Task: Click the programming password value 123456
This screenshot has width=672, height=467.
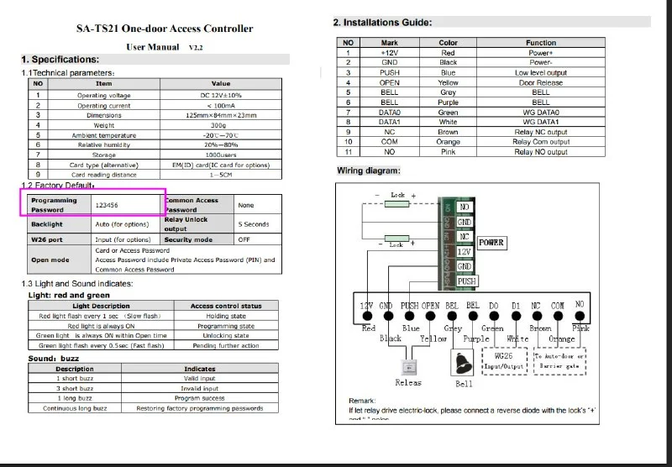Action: coord(107,204)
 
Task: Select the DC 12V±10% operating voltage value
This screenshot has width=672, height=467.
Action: coord(221,95)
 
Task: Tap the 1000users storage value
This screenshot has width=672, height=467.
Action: coord(221,155)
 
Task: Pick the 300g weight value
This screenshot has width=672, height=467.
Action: coord(221,125)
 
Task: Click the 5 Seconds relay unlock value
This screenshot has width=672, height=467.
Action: coord(253,224)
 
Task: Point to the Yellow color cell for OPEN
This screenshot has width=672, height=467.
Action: coord(448,82)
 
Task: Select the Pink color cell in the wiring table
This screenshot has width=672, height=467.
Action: coord(448,152)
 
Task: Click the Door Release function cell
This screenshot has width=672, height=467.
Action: coord(541,82)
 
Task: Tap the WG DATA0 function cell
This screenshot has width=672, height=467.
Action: coord(541,113)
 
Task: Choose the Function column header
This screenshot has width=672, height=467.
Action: coord(541,43)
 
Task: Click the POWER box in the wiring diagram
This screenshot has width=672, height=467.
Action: coord(491,243)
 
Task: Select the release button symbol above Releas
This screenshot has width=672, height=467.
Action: coord(409,366)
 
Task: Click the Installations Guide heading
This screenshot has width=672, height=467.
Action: coord(382,22)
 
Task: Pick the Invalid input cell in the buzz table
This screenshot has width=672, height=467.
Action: coord(200,389)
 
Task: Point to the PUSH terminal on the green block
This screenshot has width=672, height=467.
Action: coord(467,281)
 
